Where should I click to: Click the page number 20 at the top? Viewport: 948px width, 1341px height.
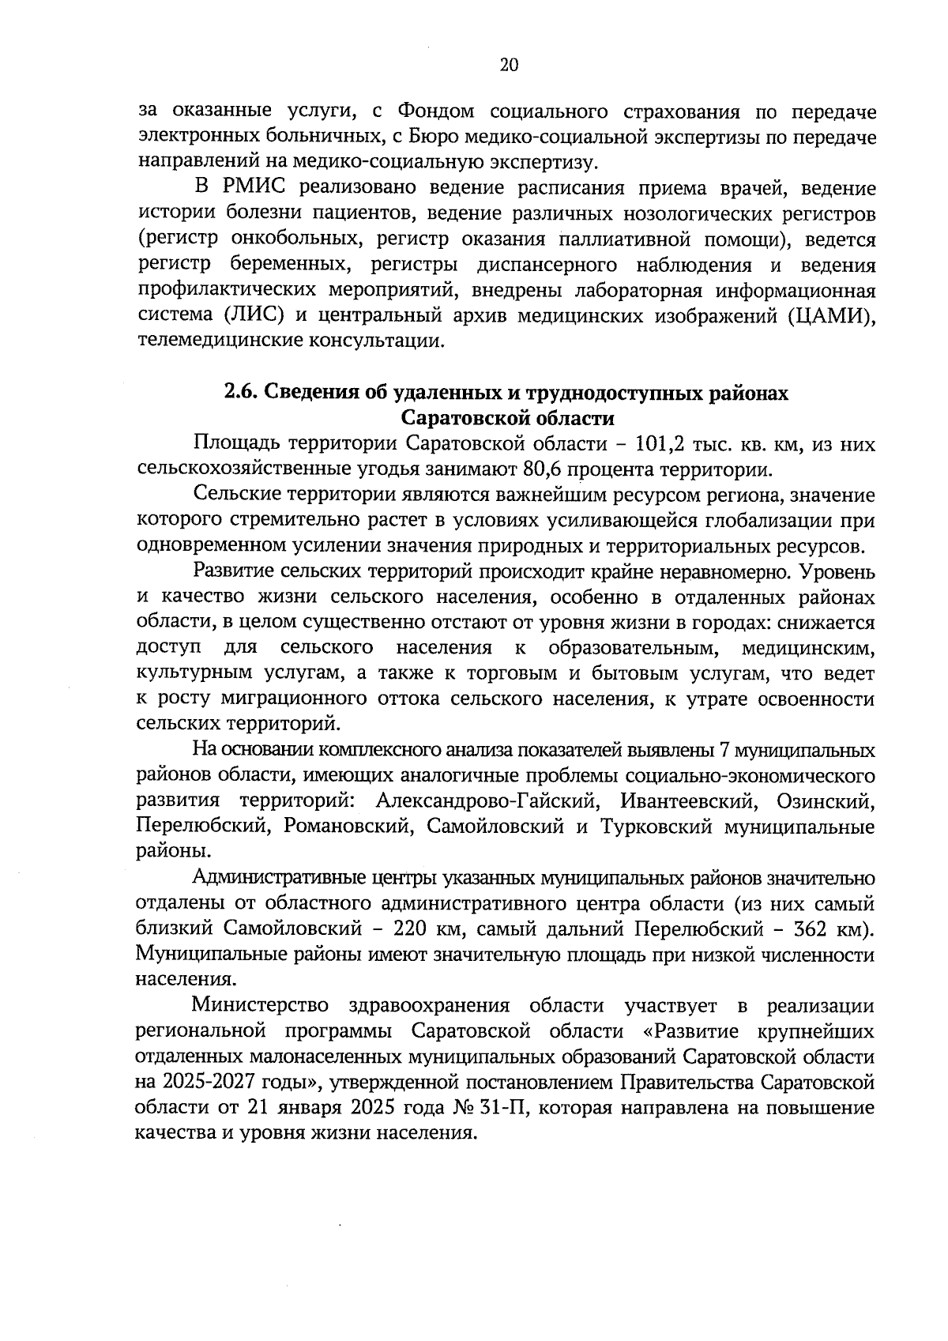tap(508, 66)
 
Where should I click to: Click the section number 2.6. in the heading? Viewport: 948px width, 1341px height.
tap(239, 392)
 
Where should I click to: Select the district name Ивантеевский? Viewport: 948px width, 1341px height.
tap(685, 801)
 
